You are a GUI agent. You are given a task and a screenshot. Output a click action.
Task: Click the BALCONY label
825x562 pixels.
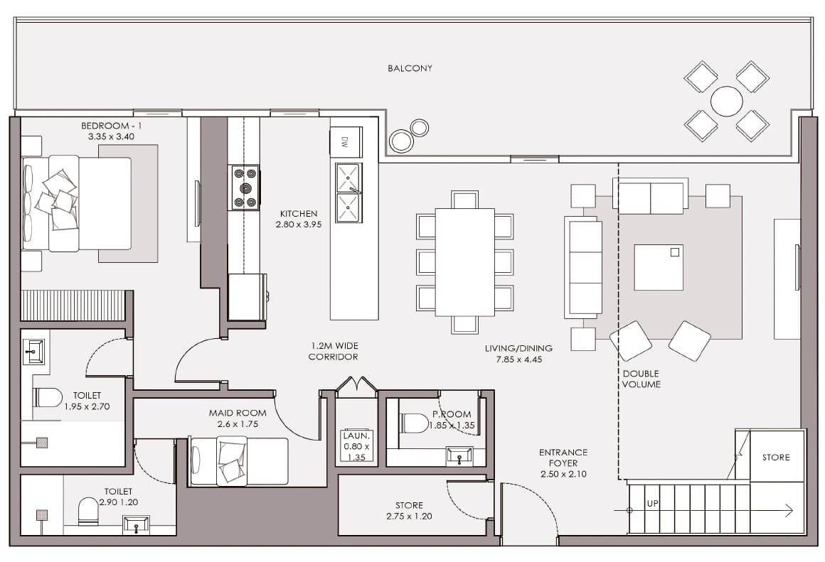[x=410, y=68]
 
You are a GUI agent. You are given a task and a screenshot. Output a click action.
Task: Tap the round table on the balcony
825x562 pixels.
[x=727, y=101]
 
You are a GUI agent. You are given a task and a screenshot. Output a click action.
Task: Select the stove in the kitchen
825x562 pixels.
[x=244, y=188]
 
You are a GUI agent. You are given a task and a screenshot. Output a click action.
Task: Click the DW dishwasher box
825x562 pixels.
[x=346, y=141]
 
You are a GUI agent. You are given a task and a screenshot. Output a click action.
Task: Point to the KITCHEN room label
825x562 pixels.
[x=298, y=213]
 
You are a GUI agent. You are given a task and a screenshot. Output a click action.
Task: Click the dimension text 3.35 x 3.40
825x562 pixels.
[x=111, y=136]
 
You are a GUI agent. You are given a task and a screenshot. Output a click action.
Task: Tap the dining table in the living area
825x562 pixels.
[x=465, y=261]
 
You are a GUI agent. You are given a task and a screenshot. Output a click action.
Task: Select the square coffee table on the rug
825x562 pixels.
[x=659, y=267]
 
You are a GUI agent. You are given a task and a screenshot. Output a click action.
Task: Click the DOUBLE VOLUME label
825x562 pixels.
[x=641, y=379]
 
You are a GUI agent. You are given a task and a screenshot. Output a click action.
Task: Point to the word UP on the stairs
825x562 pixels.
[x=652, y=504]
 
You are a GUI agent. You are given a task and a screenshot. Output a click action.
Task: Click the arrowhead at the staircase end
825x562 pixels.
[x=789, y=510]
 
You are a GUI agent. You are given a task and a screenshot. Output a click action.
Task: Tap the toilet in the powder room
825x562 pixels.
[x=415, y=423]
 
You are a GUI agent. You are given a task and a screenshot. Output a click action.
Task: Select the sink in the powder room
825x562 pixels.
[x=459, y=456]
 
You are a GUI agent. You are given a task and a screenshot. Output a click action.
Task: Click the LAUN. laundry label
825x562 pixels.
[x=356, y=436]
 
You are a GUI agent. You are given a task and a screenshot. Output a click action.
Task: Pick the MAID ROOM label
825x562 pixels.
[x=238, y=414]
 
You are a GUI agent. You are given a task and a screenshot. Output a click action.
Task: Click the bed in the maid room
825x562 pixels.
[x=240, y=461]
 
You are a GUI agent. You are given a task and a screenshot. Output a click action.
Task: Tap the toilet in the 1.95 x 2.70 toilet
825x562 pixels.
[x=48, y=397]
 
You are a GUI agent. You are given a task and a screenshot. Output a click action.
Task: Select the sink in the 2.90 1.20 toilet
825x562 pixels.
[x=137, y=524]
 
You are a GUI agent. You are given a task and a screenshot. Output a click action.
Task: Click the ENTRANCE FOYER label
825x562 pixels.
[x=563, y=458]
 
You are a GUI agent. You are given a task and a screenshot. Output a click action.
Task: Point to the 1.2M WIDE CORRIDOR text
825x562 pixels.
[x=334, y=351]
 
